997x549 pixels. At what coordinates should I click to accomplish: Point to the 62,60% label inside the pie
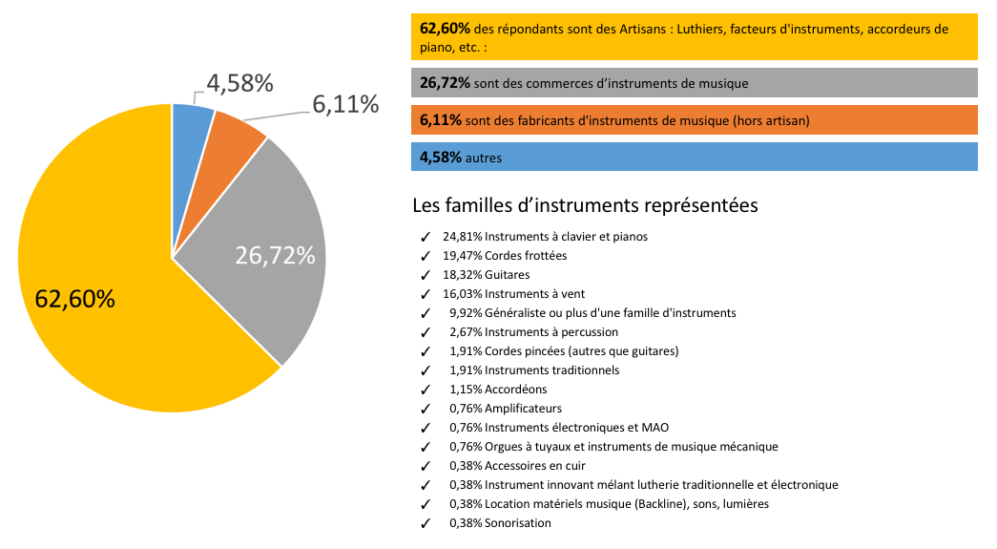pyautogui.click(x=75, y=299)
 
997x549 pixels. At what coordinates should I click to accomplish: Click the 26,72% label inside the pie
pyautogui.click(x=275, y=256)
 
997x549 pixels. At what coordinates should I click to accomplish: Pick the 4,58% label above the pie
pyautogui.click(x=239, y=83)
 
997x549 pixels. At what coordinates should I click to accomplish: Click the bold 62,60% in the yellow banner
pyautogui.click(x=445, y=29)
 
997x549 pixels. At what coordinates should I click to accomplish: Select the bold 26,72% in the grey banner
pyautogui.click(x=445, y=84)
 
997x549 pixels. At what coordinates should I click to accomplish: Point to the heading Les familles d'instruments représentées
pyautogui.click(x=586, y=204)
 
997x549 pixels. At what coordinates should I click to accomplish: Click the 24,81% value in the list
pyautogui.click(x=463, y=236)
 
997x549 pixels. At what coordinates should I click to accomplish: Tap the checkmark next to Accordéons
pyautogui.click(x=425, y=390)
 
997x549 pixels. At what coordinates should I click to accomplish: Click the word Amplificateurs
pyautogui.click(x=523, y=409)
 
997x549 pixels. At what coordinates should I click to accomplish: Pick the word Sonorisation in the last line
pyautogui.click(x=517, y=523)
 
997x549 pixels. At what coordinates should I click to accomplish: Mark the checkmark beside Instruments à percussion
pyautogui.click(x=425, y=332)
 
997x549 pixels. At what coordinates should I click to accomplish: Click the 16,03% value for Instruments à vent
pyautogui.click(x=463, y=293)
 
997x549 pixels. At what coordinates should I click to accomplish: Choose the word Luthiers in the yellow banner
pyautogui.click(x=703, y=29)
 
